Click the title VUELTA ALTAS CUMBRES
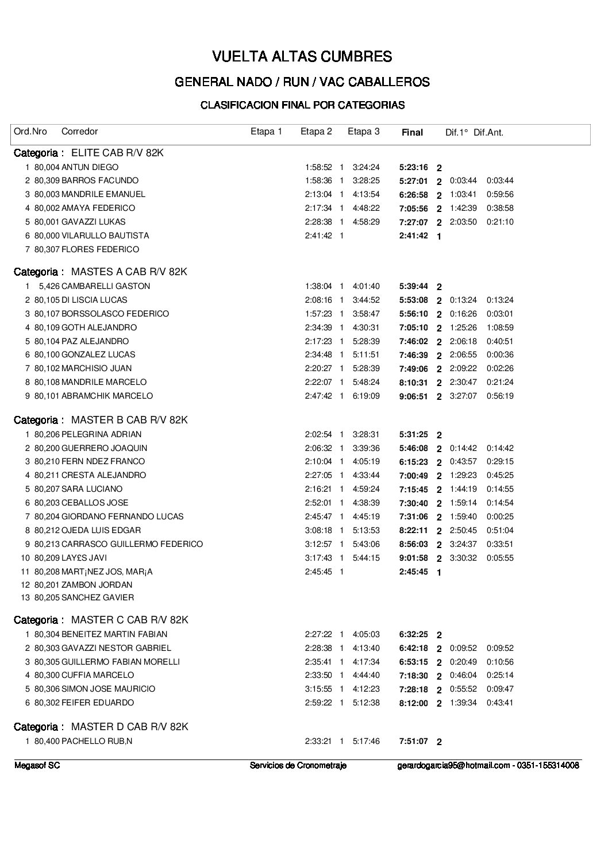tap(302, 56)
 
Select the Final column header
tap(412, 132)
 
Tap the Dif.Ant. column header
tap(488, 132)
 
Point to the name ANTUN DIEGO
tap(90, 167)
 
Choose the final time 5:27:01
tap(413, 181)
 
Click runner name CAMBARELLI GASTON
tap(105, 286)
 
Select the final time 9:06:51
tap(413, 396)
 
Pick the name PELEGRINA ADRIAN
tap(101, 434)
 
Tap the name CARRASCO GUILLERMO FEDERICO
tap(132, 544)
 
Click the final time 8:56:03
tap(413, 544)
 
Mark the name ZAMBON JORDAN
tap(97, 585)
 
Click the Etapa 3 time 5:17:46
tap(366, 741)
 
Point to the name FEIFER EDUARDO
tap(97, 703)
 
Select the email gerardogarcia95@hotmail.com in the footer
tap(453, 765)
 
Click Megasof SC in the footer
tap(37, 765)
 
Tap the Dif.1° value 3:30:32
tap(463, 558)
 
